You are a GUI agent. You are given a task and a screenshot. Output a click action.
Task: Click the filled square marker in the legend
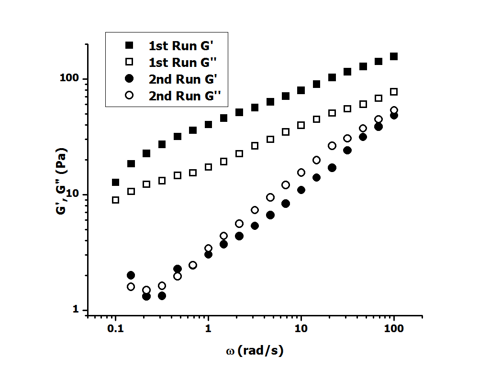click(x=128, y=45)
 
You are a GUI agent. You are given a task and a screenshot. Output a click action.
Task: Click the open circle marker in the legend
click(x=128, y=96)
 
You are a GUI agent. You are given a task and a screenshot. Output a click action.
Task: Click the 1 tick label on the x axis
click(x=208, y=330)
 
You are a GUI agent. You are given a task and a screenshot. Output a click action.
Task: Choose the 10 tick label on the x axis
click(x=301, y=330)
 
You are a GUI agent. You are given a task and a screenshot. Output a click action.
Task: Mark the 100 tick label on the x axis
click(x=394, y=330)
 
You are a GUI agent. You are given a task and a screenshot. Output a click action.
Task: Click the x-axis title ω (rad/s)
click(x=255, y=351)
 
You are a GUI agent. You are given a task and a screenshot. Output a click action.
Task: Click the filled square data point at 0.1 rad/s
click(x=115, y=182)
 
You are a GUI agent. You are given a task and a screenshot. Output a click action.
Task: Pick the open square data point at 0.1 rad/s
click(x=115, y=200)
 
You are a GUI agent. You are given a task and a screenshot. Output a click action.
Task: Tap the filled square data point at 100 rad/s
click(x=394, y=56)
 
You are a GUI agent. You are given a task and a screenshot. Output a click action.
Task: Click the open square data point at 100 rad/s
click(x=394, y=92)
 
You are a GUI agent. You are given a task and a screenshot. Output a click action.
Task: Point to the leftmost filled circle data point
click(x=131, y=275)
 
